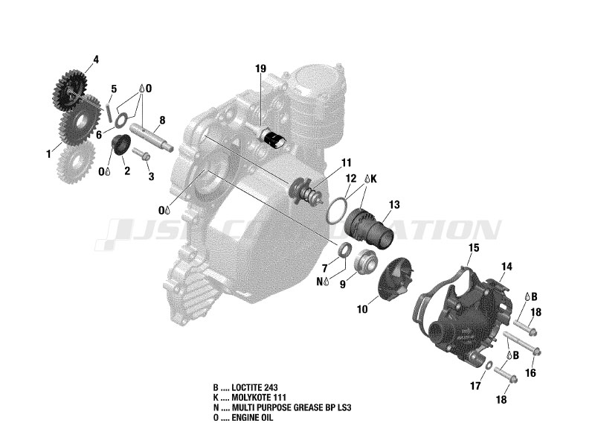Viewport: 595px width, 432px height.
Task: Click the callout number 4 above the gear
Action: coord(95,58)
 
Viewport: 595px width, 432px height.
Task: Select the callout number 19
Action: coord(260,69)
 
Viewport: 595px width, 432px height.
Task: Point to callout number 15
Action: coord(474,247)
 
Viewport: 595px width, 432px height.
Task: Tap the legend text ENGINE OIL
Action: coord(254,418)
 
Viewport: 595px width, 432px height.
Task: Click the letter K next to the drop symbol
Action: coord(373,180)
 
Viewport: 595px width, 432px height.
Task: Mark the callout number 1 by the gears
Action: coord(49,154)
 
